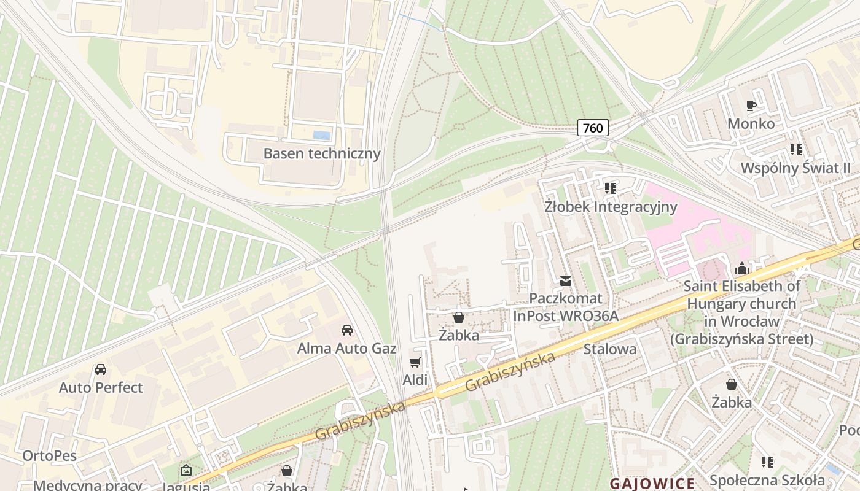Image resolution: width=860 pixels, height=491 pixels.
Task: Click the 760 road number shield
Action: point(593,128)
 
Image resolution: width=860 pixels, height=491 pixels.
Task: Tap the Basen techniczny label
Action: point(322,153)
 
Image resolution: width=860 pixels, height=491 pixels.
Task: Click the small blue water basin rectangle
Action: point(321,135)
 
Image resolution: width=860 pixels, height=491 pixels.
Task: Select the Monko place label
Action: point(751,123)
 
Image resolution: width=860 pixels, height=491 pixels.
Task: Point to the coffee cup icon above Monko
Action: point(751,106)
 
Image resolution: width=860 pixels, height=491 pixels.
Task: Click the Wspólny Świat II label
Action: point(795,168)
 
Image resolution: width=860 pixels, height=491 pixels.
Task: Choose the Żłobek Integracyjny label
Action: point(611,206)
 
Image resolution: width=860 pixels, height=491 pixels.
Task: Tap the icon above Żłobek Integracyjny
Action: point(610,188)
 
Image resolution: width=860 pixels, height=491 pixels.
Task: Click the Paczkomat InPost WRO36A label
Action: point(565,307)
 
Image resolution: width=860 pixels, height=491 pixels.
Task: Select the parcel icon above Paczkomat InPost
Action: point(565,281)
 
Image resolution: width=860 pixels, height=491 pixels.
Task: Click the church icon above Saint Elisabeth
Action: point(742,268)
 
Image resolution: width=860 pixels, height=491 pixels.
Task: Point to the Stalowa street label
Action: point(610,349)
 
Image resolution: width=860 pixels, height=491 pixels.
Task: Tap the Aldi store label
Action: point(415,380)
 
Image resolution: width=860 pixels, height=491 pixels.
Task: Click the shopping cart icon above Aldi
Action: point(415,362)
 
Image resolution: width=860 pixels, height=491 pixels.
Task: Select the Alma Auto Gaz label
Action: point(346,348)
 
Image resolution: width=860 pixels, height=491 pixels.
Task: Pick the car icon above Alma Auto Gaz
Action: point(347,330)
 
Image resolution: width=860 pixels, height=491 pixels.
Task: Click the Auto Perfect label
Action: point(101,387)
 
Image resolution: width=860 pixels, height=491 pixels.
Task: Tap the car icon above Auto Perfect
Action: point(101,369)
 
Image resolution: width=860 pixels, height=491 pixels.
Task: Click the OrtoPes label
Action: point(50,455)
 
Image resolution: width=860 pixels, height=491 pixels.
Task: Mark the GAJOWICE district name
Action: point(652,483)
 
